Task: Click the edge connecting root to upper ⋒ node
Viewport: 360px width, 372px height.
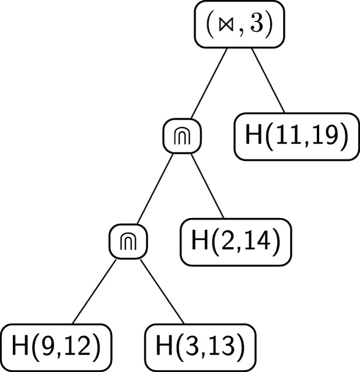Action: pos(208,85)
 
